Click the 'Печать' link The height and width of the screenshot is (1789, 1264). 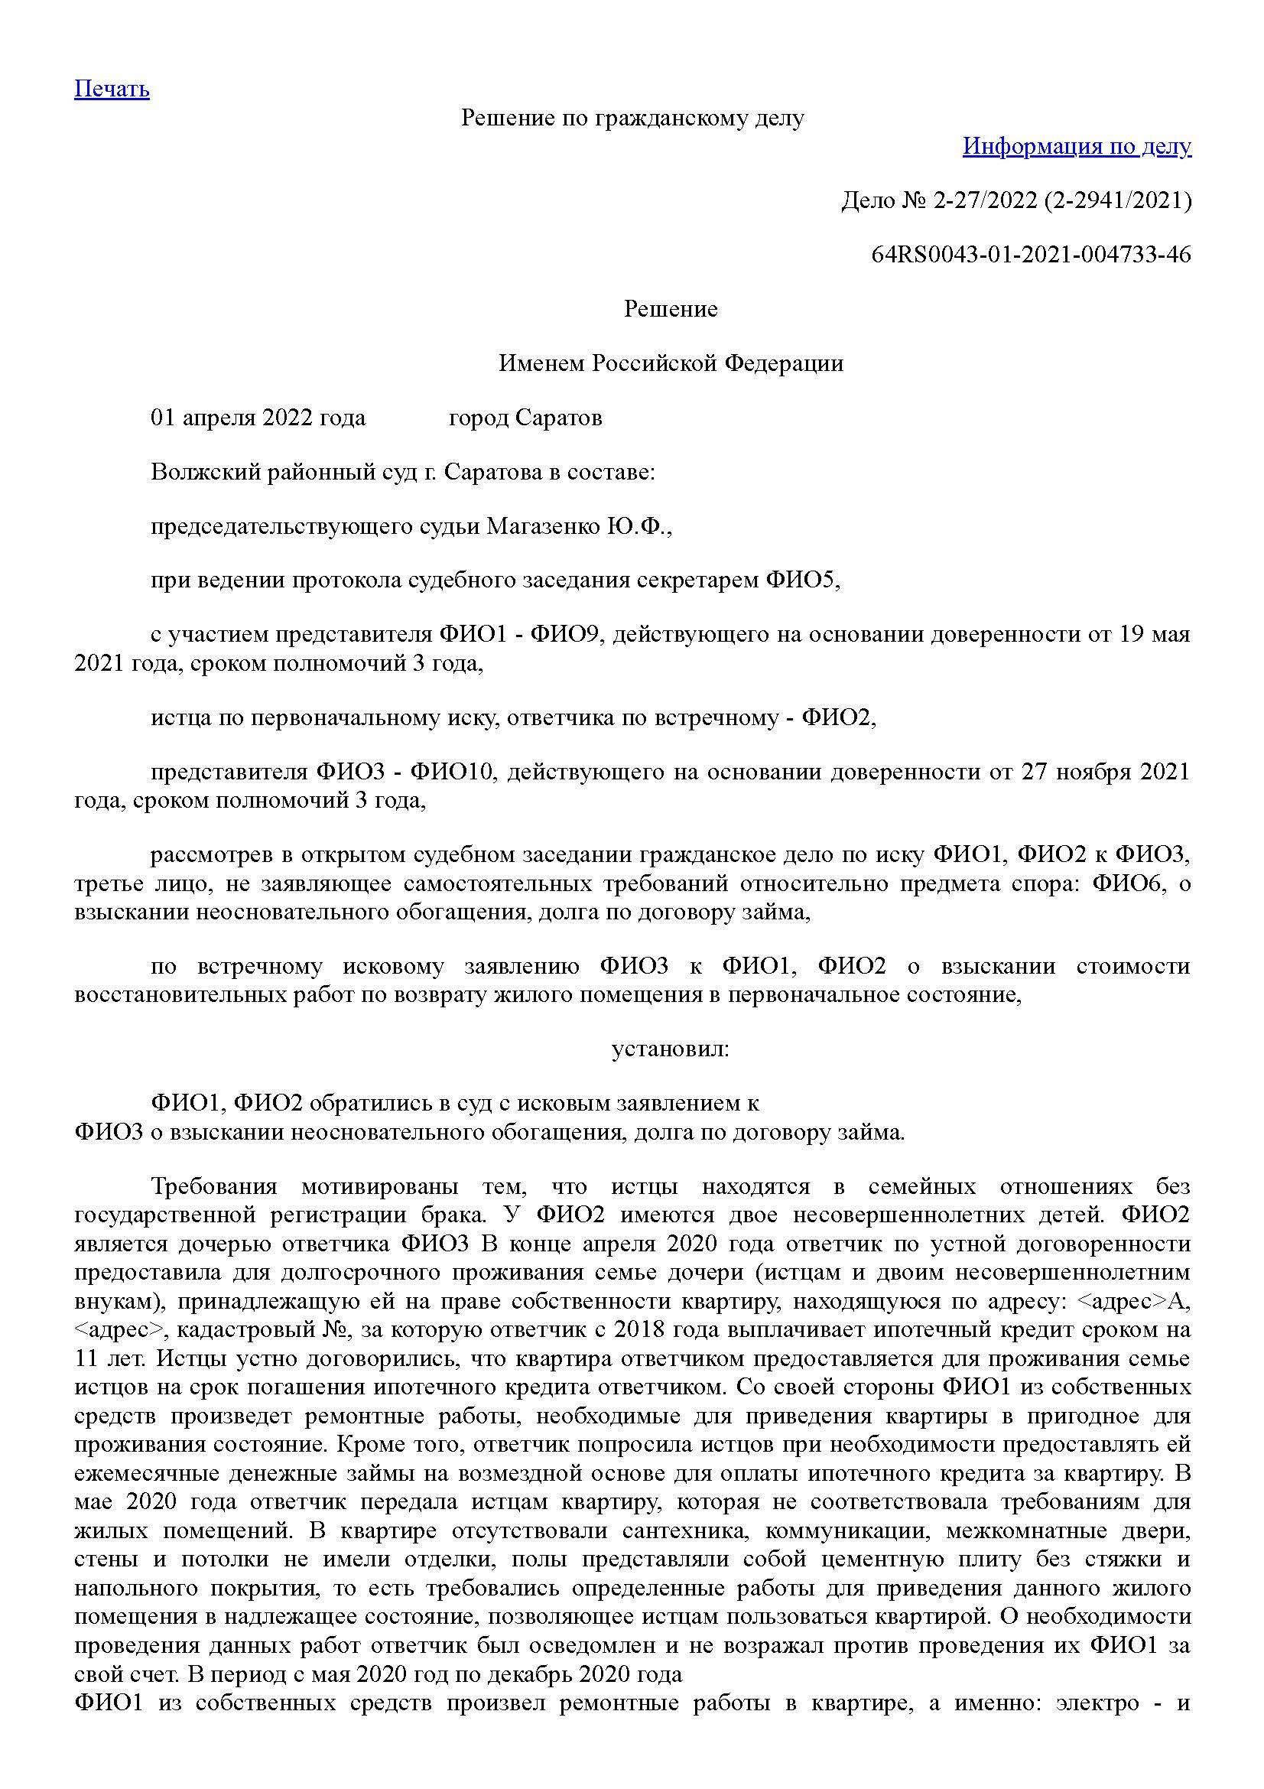tap(112, 89)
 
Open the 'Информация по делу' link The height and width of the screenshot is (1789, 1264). tap(1077, 146)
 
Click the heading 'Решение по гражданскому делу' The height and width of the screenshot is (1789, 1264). tap(632, 118)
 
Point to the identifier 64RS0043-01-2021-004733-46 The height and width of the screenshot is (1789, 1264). tap(1031, 255)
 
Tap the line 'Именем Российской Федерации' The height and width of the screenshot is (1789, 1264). tap(671, 363)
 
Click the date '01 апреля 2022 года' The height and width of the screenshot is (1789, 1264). tap(258, 418)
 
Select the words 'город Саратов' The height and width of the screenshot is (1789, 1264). tap(525, 418)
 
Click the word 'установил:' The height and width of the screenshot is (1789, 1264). tap(671, 1049)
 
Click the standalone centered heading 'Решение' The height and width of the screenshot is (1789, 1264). tap(671, 309)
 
